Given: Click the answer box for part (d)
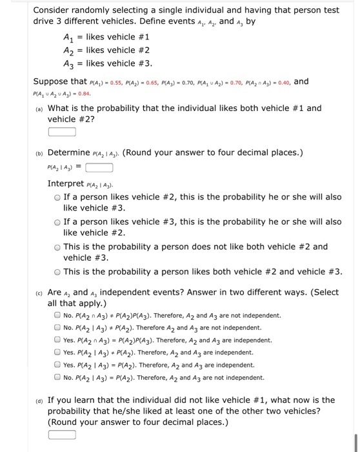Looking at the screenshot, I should [x=62, y=434].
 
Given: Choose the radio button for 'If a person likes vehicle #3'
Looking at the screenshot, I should [x=57, y=221].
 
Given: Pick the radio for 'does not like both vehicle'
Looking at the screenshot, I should [x=57, y=247].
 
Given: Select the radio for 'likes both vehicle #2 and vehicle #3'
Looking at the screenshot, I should [x=57, y=271].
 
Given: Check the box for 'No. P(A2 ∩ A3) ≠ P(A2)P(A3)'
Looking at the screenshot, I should [x=57, y=316].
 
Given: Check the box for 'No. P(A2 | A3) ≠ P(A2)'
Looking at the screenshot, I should [x=57, y=327].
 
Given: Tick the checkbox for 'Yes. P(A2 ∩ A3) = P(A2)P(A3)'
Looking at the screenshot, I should [x=57, y=340].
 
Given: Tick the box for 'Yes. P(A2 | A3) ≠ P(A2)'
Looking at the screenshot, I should [x=57, y=352].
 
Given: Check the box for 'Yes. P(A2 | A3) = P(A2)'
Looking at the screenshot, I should [x=57, y=364].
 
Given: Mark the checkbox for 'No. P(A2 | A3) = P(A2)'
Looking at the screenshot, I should [x=57, y=376].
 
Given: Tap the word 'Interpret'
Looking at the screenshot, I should [x=68, y=184].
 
